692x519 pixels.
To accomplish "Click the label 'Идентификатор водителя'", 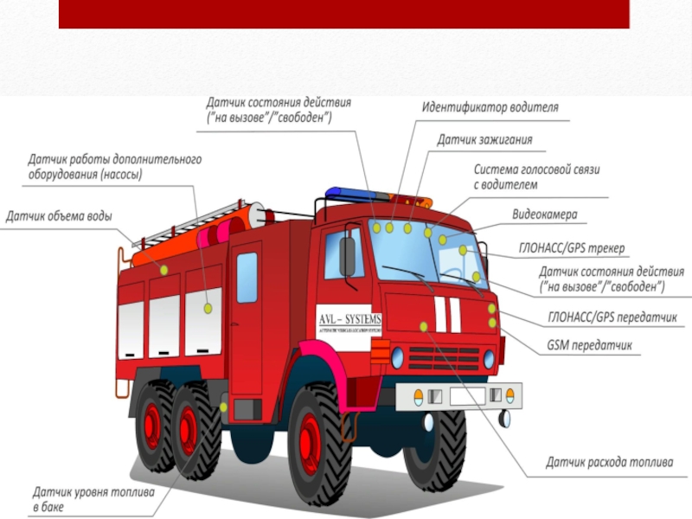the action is [490, 108].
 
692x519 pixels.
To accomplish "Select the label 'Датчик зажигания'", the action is [484, 139].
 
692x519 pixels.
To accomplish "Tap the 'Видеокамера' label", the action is [545, 214].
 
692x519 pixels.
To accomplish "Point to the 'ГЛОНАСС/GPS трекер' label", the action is [571, 248].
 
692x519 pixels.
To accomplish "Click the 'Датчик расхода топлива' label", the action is [609, 462].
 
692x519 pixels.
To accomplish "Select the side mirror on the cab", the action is [347, 257].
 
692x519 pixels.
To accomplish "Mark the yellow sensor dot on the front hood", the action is [424, 326].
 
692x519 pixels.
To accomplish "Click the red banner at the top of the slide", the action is [343, 14].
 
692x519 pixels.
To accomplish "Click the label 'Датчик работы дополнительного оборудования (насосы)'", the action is [114, 167].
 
